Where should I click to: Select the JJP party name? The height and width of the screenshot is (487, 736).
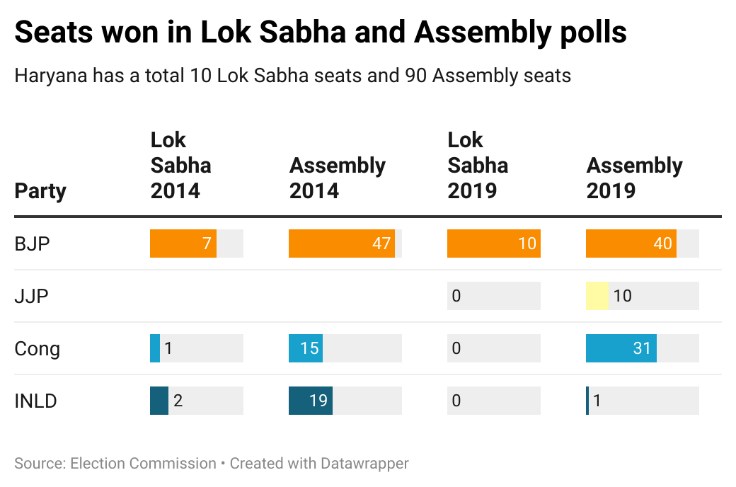point(32,297)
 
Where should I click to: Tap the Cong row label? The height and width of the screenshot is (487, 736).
point(37,349)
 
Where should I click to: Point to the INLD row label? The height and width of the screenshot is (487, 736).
point(35,401)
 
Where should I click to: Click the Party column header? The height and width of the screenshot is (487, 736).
point(40,191)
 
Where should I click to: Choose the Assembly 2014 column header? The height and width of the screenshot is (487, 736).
point(338,178)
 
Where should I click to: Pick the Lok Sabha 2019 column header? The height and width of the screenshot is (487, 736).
point(478,166)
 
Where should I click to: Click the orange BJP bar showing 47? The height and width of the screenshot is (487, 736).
point(342,243)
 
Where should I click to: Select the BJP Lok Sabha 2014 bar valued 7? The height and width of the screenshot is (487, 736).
point(183,243)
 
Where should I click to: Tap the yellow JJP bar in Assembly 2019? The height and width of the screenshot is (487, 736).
point(597,296)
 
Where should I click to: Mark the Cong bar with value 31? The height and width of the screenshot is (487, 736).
point(621,348)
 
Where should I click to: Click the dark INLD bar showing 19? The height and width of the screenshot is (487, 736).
point(310,401)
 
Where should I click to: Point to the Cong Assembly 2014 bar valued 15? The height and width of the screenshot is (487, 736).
point(305,348)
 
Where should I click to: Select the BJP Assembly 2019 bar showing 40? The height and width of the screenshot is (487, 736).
point(631,243)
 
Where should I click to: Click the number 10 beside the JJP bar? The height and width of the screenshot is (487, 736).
point(622,296)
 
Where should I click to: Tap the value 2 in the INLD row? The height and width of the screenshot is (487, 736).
point(178,401)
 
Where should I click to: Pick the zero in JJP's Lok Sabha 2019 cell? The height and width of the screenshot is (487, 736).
point(456,296)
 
